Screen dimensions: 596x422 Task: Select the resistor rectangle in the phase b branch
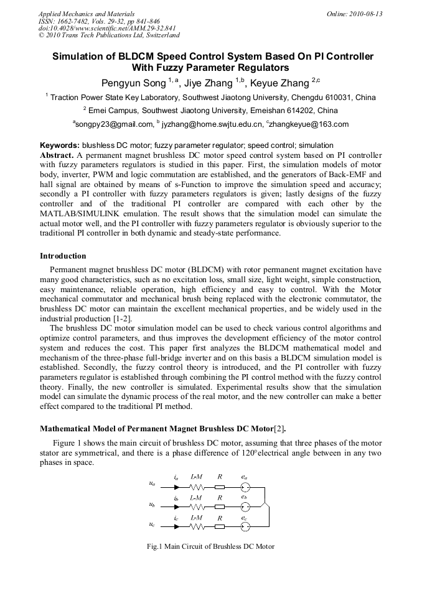click(220, 507)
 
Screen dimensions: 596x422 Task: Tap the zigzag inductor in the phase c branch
click(197, 527)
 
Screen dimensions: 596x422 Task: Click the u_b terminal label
click(152, 505)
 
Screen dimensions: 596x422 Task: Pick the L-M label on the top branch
click(196, 477)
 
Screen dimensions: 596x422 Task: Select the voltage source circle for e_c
click(245, 527)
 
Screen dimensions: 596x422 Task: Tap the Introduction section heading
click(63, 256)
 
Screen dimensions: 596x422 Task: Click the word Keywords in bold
click(59, 145)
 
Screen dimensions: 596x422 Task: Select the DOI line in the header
click(107, 29)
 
